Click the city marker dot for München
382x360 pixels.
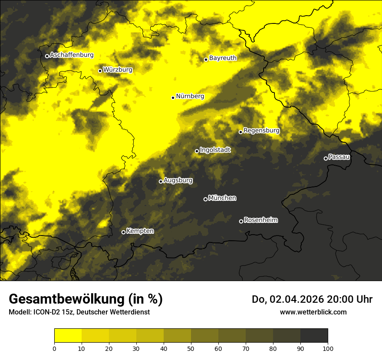tap(205, 199)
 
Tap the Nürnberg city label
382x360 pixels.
tap(190, 96)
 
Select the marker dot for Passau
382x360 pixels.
tap(326, 158)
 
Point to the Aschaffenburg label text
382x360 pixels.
tap(72, 55)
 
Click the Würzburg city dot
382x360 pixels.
tap(100, 71)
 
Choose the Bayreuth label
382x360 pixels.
tap(223, 58)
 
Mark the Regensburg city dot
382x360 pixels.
tap(240, 132)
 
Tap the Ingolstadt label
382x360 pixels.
tap(215, 150)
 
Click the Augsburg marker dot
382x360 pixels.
tap(161, 181)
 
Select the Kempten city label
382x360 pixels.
tap(140, 231)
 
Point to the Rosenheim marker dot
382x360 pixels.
tap(241, 222)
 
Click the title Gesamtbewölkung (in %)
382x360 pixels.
tap(86, 299)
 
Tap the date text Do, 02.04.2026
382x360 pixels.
tap(289, 299)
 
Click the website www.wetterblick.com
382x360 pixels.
tap(313, 312)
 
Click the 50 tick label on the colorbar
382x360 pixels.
tap(191, 349)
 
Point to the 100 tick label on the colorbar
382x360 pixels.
tap(328, 349)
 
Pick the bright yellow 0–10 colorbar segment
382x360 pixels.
tap(68, 336)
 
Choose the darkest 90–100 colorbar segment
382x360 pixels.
tap(314, 336)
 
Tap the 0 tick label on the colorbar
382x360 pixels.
tap(54, 349)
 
